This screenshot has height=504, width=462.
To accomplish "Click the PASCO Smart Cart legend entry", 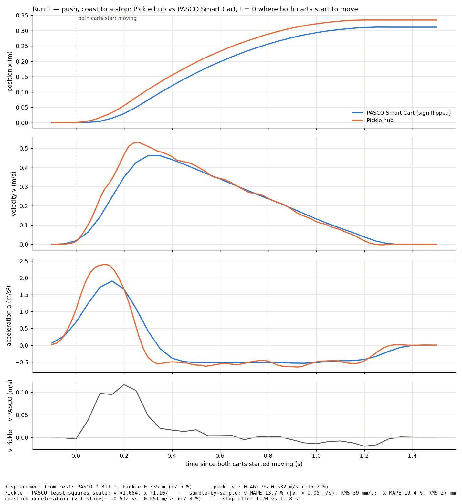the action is (401, 113).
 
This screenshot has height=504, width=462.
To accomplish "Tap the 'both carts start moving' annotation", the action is (107, 18).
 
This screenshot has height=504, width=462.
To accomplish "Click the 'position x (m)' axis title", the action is (10, 71).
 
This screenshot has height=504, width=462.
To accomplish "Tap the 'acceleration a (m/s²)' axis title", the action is (9, 316).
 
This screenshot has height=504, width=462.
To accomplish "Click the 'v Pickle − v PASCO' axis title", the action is (10, 415).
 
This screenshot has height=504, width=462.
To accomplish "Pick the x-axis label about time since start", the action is (244, 464).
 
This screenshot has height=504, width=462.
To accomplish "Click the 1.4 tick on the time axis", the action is (412, 456).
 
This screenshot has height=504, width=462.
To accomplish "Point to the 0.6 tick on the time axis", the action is (220, 456).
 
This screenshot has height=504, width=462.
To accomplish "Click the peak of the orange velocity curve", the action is (138, 142).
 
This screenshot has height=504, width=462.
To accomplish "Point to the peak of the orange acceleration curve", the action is (105, 264).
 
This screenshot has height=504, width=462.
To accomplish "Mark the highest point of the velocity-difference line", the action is (124, 384).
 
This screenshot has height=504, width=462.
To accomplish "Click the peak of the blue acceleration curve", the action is (112, 281).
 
